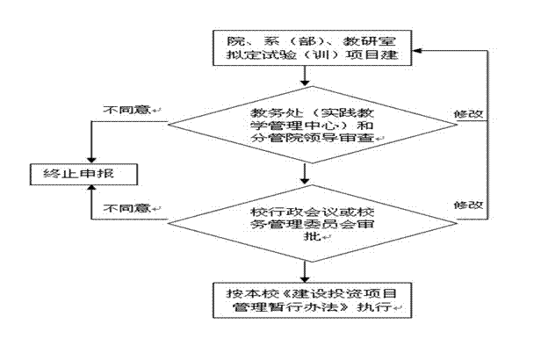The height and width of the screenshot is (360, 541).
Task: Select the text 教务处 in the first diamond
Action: (270, 113)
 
